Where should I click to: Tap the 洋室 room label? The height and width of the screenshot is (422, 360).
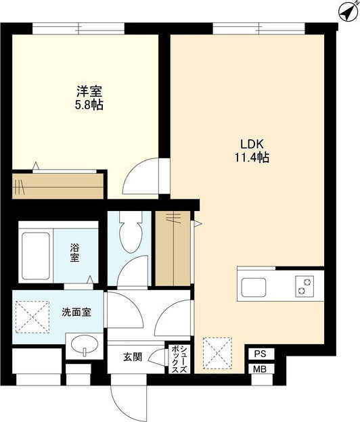(x=89, y=91)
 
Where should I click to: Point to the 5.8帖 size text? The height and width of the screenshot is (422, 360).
(x=89, y=105)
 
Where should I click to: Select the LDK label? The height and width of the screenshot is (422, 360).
(x=252, y=145)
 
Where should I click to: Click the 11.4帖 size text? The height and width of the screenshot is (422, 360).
(x=252, y=158)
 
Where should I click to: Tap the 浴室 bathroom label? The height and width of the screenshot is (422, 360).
(x=74, y=252)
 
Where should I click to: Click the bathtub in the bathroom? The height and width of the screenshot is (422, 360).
(x=36, y=256)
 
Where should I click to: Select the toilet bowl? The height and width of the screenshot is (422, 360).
(x=131, y=232)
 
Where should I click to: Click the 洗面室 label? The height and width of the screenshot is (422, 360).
(x=76, y=312)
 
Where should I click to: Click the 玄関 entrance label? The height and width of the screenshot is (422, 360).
(x=133, y=357)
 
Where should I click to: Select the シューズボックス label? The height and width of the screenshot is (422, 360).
(x=179, y=358)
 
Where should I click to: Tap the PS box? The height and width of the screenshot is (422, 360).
(x=260, y=354)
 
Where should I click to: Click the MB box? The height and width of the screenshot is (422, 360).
(x=260, y=369)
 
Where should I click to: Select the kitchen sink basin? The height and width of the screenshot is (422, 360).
(x=253, y=287)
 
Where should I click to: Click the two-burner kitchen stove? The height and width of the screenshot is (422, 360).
(x=305, y=286)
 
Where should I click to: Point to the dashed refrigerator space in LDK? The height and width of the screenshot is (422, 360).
(x=217, y=353)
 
